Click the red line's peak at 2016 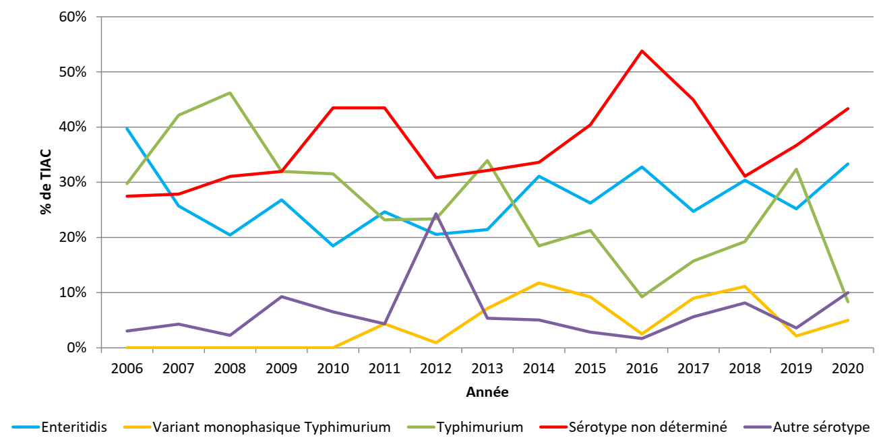pos(642,51)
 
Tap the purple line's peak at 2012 pos(436,214)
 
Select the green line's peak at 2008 pos(230,92)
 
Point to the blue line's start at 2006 pos(127,128)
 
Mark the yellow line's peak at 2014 pos(539,282)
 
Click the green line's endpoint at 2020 pos(847,302)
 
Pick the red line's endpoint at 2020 pos(847,108)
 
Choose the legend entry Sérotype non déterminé pos(648,427)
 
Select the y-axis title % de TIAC pos(46,182)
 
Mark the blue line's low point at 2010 pos(333,245)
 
